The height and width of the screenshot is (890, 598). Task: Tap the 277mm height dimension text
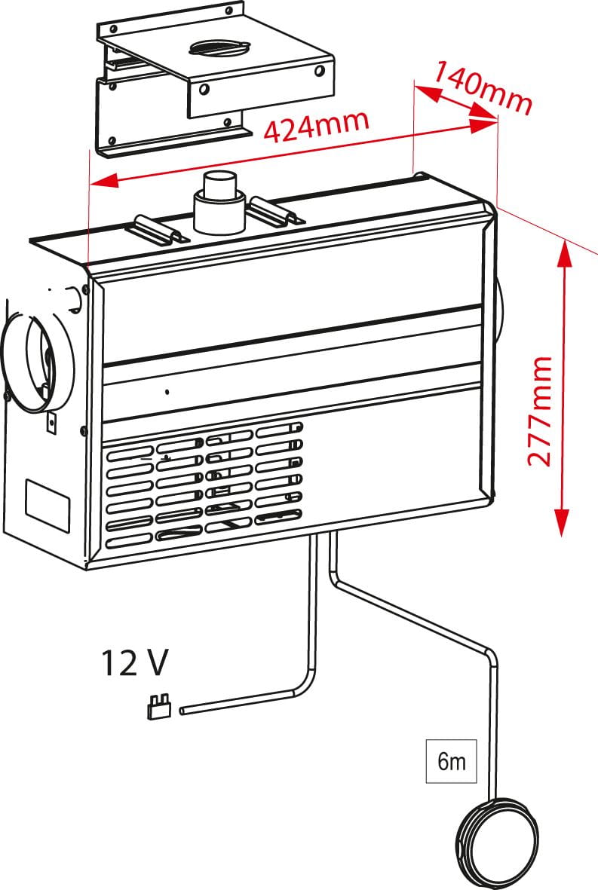coord(541,411)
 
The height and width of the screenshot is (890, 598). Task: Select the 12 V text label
coord(135,663)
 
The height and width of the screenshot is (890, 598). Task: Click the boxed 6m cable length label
coord(452,762)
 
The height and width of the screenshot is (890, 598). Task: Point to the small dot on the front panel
coord(167,392)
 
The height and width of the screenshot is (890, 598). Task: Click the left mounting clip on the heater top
coord(161,229)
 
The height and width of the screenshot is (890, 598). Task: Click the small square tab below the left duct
coord(52,424)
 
